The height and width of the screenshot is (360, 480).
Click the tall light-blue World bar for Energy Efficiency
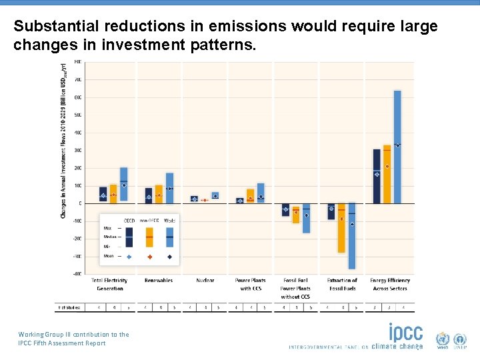click(x=397, y=147)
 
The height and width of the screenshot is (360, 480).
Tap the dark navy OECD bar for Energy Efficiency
click(x=377, y=176)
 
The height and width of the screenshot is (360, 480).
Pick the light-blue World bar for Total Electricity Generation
click(x=123, y=184)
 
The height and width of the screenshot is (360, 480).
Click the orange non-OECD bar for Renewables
click(x=159, y=194)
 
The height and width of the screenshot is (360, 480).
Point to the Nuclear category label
click(x=205, y=281)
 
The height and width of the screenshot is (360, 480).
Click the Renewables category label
click(x=159, y=281)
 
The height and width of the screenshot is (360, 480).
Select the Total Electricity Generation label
click(x=109, y=284)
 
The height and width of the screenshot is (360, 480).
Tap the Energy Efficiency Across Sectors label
click(x=390, y=284)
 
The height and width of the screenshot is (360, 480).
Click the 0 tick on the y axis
click(x=80, y=203)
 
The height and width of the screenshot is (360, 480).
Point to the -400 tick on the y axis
click(x=78, y=273)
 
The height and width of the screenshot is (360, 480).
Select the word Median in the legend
click(x=110, y=237)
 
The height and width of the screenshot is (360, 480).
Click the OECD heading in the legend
click(x=129, y=221)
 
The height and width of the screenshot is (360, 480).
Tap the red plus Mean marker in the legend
click(x=149, y=256)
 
